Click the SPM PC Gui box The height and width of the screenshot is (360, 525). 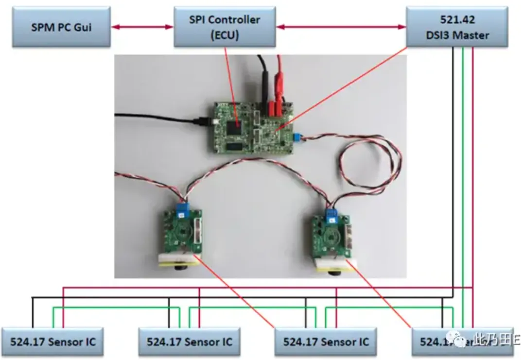click(x=61, y=27)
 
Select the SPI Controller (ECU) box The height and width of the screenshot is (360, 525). click(x=224, y=27)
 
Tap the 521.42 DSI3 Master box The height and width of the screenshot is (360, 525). click(x=456, y=27)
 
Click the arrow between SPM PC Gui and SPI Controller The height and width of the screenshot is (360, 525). click(x=141, y=27)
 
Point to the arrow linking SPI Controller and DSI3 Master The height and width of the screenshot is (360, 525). click(x=341, y=27)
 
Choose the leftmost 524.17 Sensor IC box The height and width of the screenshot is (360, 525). click(x=54, y=342)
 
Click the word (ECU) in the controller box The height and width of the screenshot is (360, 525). click(x=224, y=35)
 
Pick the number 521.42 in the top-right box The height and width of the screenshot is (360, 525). click(x=456, y=20)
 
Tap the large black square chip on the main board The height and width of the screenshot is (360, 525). click(x=235, y=128)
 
